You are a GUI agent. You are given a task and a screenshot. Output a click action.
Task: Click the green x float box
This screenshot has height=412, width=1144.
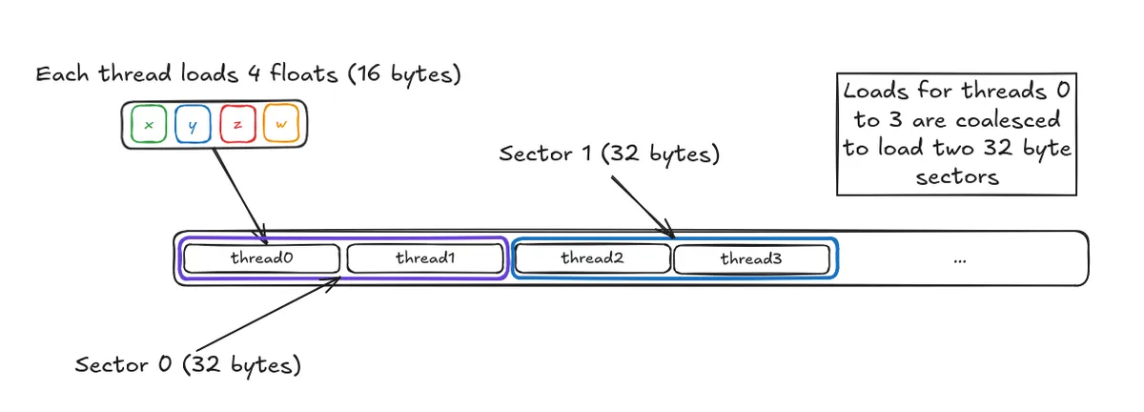pos(148,125)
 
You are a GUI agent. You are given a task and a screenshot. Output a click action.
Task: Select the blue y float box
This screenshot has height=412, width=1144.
pos(193,125)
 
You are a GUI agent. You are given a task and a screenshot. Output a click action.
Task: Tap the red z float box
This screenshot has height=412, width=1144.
pos(236,125)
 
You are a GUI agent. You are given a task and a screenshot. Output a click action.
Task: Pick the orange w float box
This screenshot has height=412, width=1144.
pos(281,125)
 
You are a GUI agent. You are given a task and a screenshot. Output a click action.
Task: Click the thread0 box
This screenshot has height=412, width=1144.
pos(261,258)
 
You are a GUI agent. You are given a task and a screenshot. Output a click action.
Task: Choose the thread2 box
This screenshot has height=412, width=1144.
pos(592,258)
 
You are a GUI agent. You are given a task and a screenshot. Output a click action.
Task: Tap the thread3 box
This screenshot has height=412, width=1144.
pos(751,258)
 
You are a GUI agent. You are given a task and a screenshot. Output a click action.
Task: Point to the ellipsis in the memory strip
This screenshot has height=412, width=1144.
pos(960,259)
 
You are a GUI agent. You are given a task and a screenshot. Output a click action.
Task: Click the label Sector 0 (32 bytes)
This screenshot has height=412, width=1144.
pos(188,365)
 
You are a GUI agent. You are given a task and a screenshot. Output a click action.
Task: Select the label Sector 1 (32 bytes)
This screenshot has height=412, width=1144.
pos(610,154)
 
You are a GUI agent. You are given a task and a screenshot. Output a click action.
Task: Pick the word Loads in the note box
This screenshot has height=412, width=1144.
pos(871,93)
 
